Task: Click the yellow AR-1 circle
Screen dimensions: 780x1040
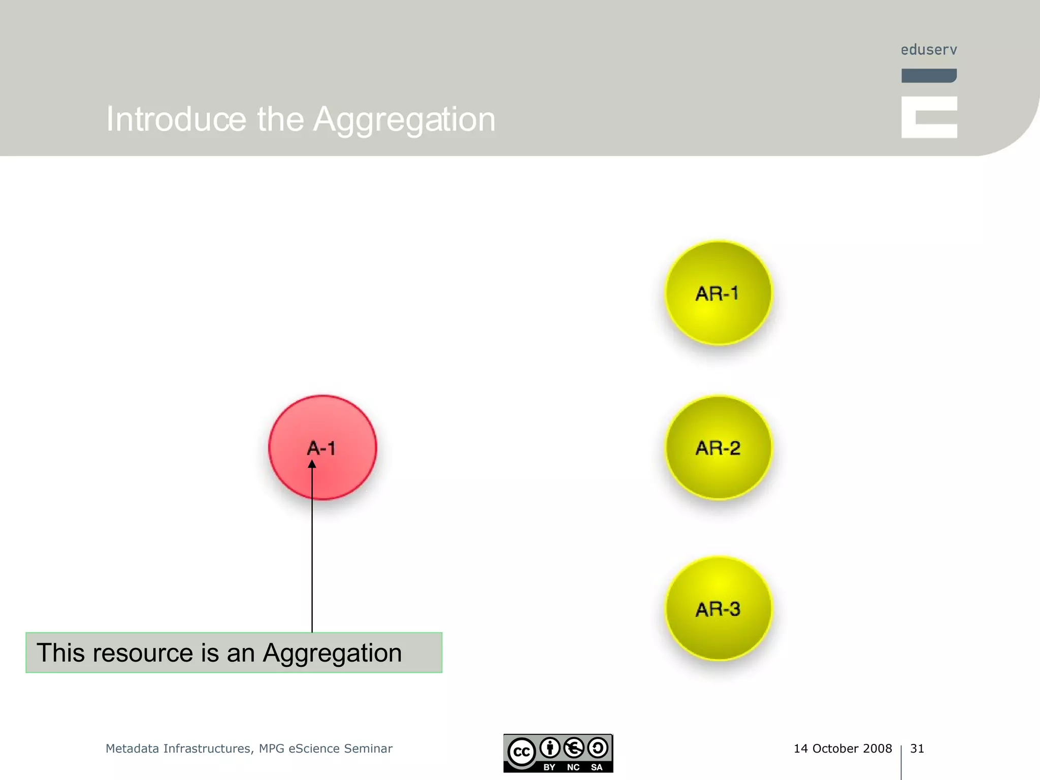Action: (719, 293)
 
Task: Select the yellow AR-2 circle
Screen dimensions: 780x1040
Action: (719, 447)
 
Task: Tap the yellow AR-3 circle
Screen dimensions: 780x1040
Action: (719, 608)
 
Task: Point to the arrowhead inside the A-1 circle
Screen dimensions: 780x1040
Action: (312, 464)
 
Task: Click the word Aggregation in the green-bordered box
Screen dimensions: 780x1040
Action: (332, 654)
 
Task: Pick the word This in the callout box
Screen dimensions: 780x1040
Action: (60, 653)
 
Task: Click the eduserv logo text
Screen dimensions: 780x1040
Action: (929, 50)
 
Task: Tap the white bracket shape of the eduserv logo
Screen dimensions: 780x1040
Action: (929, 117)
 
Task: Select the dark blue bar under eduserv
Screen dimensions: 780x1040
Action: (929, 76)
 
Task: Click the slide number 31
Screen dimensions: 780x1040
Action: (917, 749)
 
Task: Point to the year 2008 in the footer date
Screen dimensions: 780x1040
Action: (877, 749)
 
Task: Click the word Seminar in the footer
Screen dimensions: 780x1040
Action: (368, 749)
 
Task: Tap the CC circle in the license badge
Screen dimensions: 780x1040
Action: (522, 752)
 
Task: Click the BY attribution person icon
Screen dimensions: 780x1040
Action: (550, 747)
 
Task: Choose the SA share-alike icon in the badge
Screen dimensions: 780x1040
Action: (598, 747)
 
